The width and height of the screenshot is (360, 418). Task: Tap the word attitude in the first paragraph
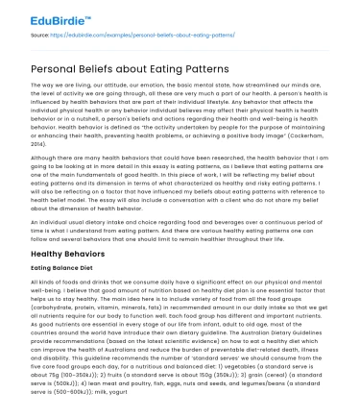(123, 86)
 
